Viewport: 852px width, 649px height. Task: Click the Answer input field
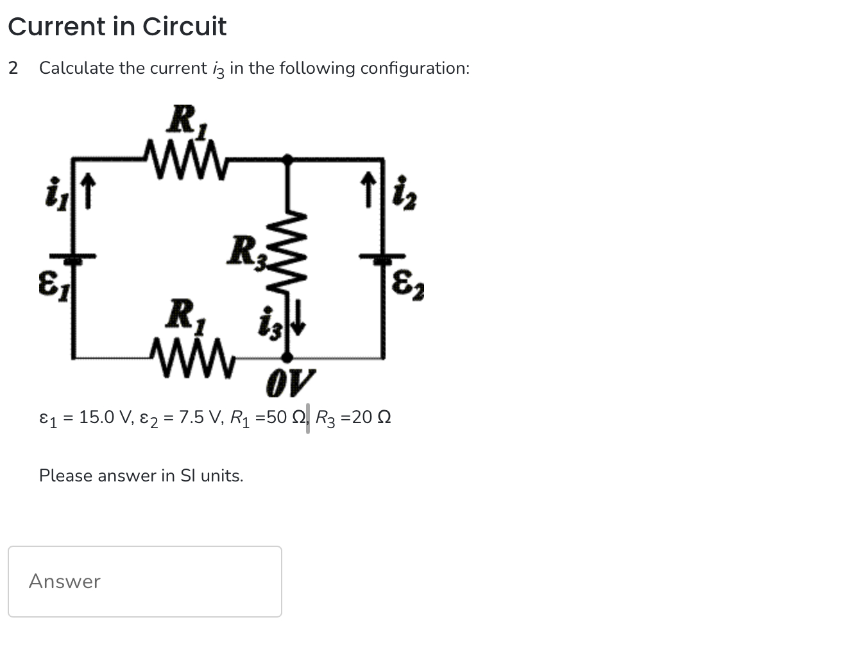pos(144,581)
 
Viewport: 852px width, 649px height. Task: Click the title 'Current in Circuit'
pos(117,26)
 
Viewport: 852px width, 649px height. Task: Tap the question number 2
pos(13,68)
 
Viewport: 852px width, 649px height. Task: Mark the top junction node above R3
pos(289,157)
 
